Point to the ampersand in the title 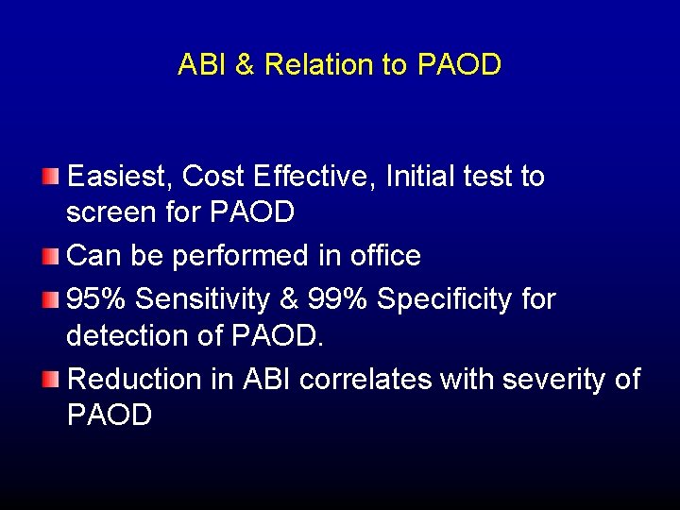[245, 64]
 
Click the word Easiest [121, 177]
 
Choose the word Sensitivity [208, 300]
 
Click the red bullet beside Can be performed [51, 256]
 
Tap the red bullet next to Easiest [51, 177]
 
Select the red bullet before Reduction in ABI [51, 380]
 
